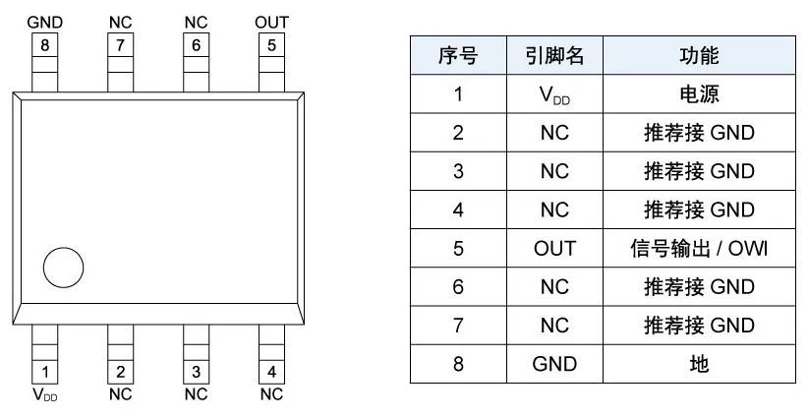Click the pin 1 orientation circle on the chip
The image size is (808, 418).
[63, 267]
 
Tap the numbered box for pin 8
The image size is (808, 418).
[44, 44]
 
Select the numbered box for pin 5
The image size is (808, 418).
[271, 44]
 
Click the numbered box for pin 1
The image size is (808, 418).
[44, 372]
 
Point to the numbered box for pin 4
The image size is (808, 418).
[271, 372]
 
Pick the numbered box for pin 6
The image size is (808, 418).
[196, 44]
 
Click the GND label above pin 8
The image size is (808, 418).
[44, 22]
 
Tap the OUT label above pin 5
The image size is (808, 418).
[271, 22]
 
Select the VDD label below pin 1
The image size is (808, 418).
[44, 395]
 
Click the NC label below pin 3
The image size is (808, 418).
[196, 395]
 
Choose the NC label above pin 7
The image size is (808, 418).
[120, 22]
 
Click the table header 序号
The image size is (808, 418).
[457, 56]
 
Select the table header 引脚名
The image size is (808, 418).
[554, 56]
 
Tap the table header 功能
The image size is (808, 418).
[699, 56]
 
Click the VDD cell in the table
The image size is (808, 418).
[554, 95]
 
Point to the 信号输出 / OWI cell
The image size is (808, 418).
[699, 249]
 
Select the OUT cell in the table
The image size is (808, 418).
[554, 249]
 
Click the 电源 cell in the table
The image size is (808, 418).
[699, 95]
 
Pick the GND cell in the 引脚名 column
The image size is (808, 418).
[554, 364]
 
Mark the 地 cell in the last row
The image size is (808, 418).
[699, 364]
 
